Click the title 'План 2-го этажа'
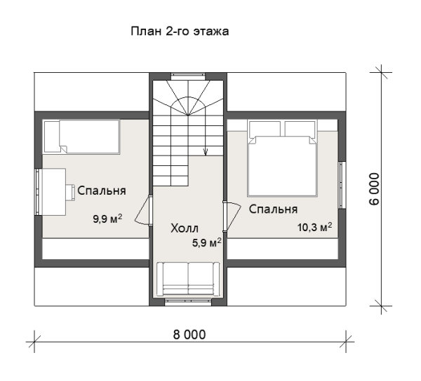coord(180,32)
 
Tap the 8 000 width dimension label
coord(189,335)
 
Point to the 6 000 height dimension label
coord(375,189)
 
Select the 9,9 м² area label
coord(107,219)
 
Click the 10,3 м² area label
coord(314,227)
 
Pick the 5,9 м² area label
coord(207,243)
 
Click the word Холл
coord(185,228)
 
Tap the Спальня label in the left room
coord(102,190)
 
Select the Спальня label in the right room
coord(274,209)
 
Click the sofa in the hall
coord(188,279)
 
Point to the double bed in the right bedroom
coord(282,158)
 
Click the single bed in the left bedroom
coord(81,137)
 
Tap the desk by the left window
coord(54,192)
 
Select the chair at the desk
coord(71,192)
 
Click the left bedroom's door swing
coord(143,211)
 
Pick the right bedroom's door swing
coord(232,216)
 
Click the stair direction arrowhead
coord(206,153)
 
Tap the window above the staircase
coord(188,75)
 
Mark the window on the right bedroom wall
coord(342,185)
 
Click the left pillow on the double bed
coord(265,129)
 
